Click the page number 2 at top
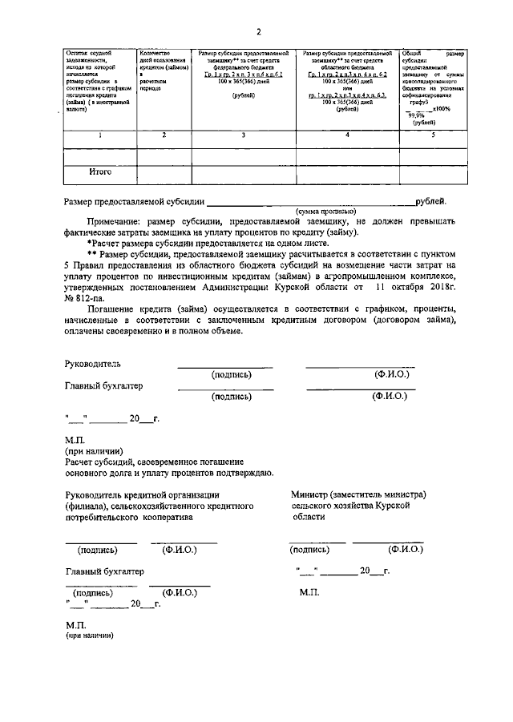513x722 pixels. [x=259, y=32]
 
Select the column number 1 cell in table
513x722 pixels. [x=100, y=135]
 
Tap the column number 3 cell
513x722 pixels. [x=244, y=135]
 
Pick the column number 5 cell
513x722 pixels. [x=434, y=135]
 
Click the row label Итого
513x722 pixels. [x=100, y=171]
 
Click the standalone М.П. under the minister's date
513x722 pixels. [x=310, y=592]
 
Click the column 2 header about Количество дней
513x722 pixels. [x=162, y=70]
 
